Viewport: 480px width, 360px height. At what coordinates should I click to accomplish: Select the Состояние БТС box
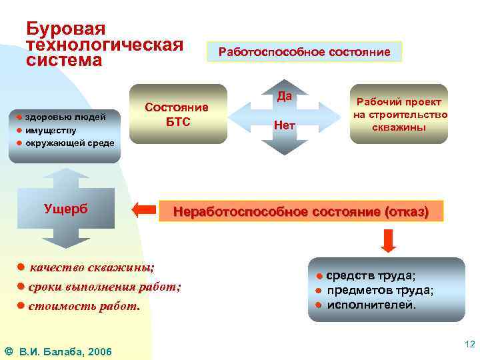coord(177,114)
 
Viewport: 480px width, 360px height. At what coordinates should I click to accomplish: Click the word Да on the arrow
coord(285,97)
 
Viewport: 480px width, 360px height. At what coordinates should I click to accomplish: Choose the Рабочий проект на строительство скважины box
coord(399,114)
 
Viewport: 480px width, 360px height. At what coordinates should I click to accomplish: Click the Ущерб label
coord(65,208)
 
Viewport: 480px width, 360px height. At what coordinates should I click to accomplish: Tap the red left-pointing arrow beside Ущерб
coord(144,210)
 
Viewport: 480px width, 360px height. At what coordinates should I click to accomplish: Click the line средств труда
coord(370,276)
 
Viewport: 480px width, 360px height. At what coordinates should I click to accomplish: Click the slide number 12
coord(469,344)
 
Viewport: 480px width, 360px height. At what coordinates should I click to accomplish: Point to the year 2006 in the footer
coord(99,351)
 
